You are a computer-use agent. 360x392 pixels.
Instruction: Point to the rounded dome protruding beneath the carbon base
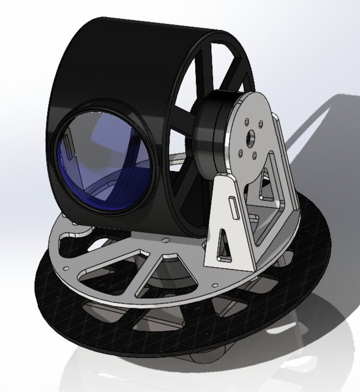[x=202, y=361]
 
